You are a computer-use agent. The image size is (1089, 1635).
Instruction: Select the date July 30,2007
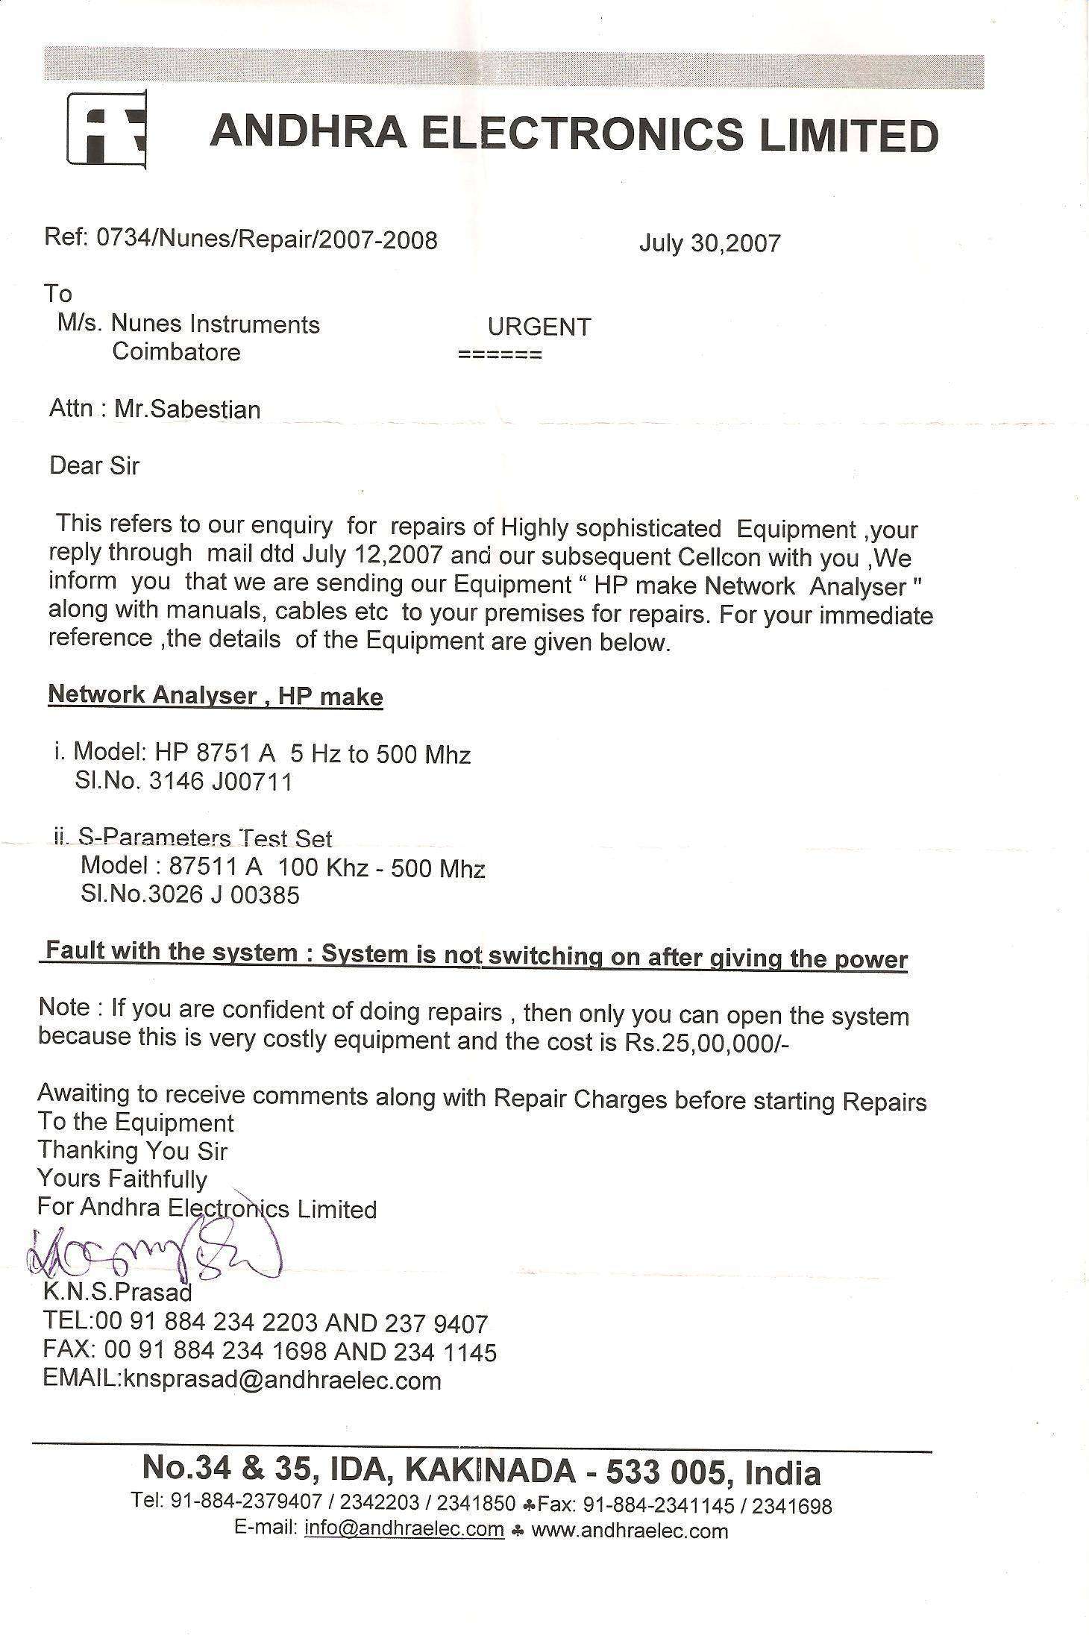pos(709,243)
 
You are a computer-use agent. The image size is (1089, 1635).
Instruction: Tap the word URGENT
pos(539,327)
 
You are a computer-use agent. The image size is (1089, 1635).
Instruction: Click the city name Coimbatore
pos(176,351)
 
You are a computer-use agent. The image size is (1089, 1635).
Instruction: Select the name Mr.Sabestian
pos(187,409)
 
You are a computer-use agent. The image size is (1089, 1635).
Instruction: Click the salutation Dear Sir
pos(95,466)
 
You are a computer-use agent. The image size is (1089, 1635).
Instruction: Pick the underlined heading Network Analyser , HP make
pos(216,696)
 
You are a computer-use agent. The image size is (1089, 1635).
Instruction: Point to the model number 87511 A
pos(224,866)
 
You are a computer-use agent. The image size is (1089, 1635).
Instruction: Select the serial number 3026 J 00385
pos(225,894)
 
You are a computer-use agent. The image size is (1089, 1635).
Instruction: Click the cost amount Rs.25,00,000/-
pos(703,1044)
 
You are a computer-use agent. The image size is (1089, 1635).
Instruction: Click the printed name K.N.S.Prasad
pos(117,1291)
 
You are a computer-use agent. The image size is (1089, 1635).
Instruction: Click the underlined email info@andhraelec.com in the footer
pos(404,1528)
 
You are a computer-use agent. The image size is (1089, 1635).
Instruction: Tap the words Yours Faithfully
pos(122,1179)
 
